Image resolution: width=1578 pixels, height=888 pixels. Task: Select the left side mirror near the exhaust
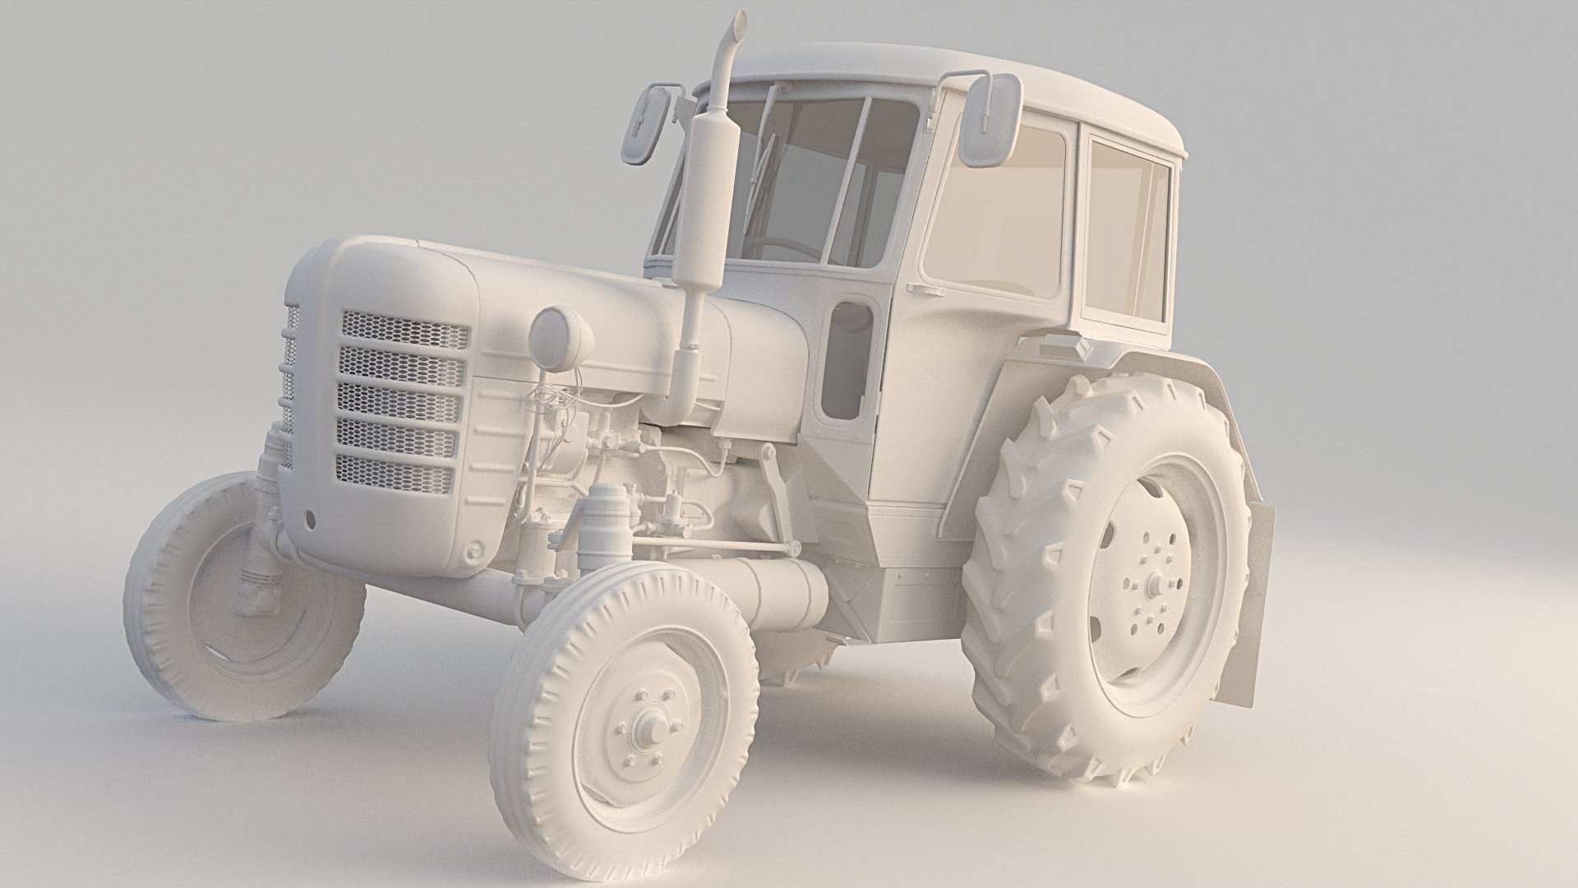[x=642, y=123]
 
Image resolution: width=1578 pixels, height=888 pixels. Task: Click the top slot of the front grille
[x=404, y=329]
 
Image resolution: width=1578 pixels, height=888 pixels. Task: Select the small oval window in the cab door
[x=847, y=362]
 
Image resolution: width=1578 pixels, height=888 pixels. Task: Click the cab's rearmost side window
[x=1128, y=230]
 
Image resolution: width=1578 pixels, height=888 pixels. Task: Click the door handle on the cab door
[x=922, y=289]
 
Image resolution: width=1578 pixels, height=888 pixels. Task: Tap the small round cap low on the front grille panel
[x=474, y=550]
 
